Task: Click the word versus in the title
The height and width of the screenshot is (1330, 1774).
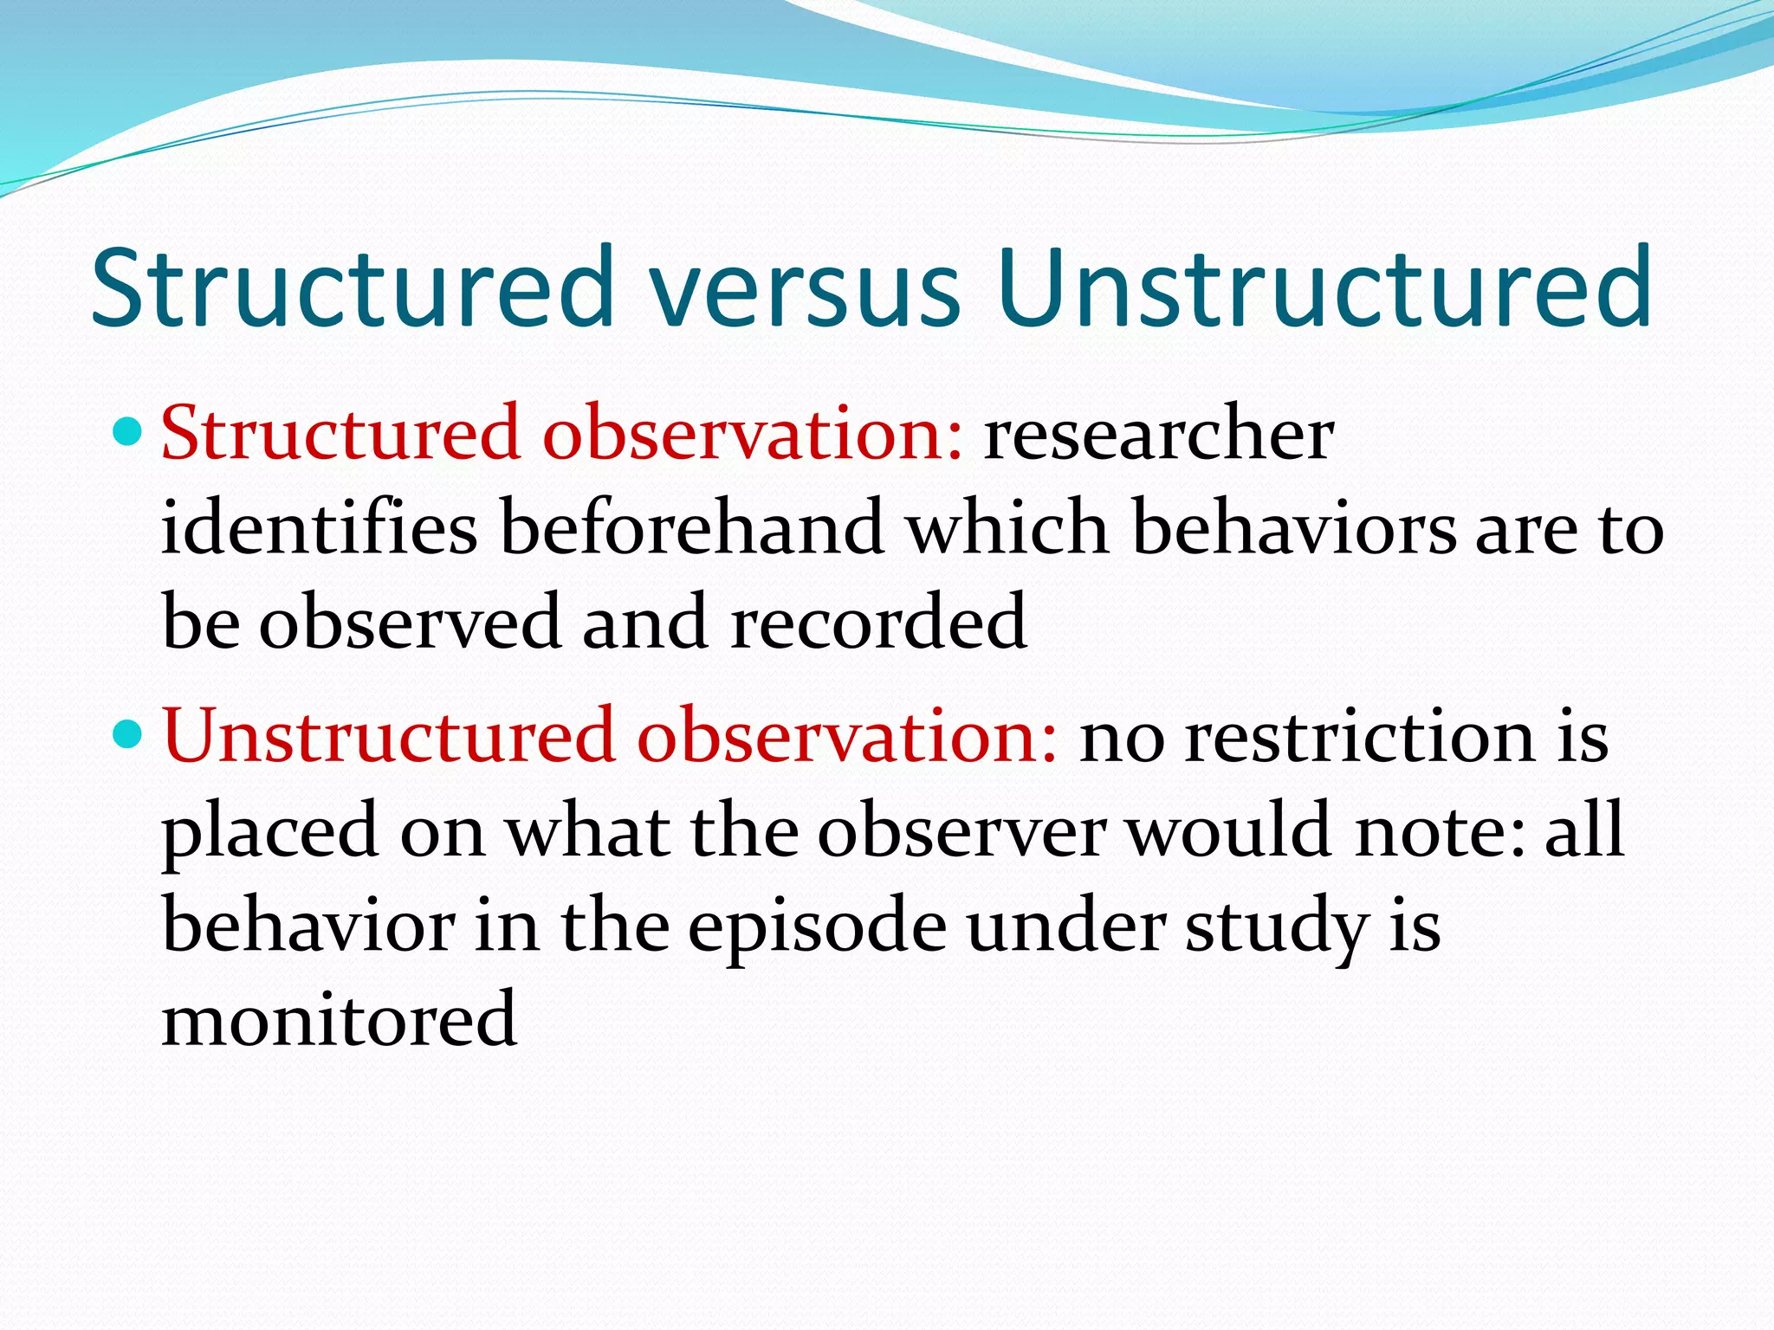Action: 806,290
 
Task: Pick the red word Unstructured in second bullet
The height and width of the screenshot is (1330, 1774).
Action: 389,736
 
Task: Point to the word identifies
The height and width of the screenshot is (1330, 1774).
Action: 319,528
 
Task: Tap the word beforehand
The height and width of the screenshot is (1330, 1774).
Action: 690,528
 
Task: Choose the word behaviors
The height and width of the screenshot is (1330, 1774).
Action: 1294,528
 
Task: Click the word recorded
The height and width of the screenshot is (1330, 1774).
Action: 878,622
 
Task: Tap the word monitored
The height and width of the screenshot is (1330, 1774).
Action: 340,1020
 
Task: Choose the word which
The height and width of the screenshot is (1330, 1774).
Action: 1007,528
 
